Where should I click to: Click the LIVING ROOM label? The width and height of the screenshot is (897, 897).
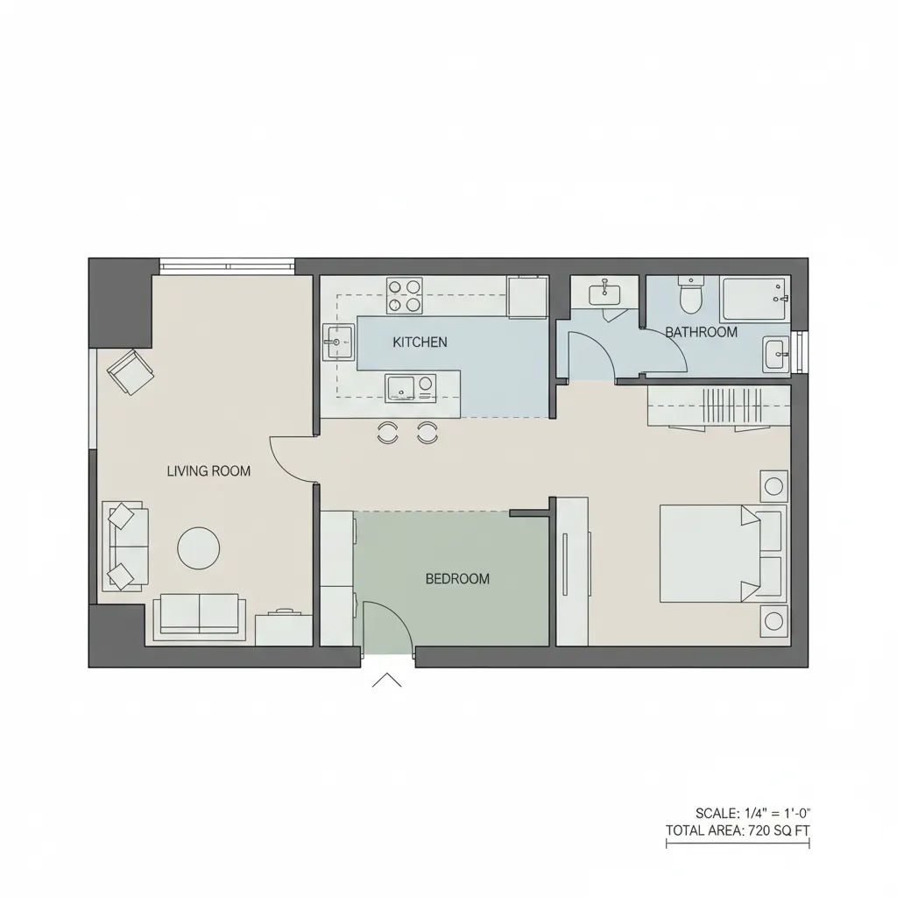(208, 471)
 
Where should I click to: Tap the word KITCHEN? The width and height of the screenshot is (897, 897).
(420, 342)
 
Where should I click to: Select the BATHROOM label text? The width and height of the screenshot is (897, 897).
(701, 333)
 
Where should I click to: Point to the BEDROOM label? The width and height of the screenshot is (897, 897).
(457, 579)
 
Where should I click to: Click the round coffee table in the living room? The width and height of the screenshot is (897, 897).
(199, 548)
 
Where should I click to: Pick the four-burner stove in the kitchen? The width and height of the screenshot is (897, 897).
(404, 295)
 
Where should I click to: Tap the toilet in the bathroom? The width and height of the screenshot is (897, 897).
(691, 295)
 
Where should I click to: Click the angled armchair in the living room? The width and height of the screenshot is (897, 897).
(130, 371)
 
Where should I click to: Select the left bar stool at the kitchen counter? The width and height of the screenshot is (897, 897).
(387, 431)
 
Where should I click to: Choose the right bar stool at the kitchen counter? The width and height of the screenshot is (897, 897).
(427, 431)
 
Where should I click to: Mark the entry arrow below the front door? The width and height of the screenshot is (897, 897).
(386, 681)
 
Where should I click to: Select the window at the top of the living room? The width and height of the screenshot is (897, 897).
(227, 265)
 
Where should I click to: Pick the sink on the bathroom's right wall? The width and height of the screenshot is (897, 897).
(776, 355)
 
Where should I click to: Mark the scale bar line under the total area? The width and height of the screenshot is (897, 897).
(738, 844)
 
